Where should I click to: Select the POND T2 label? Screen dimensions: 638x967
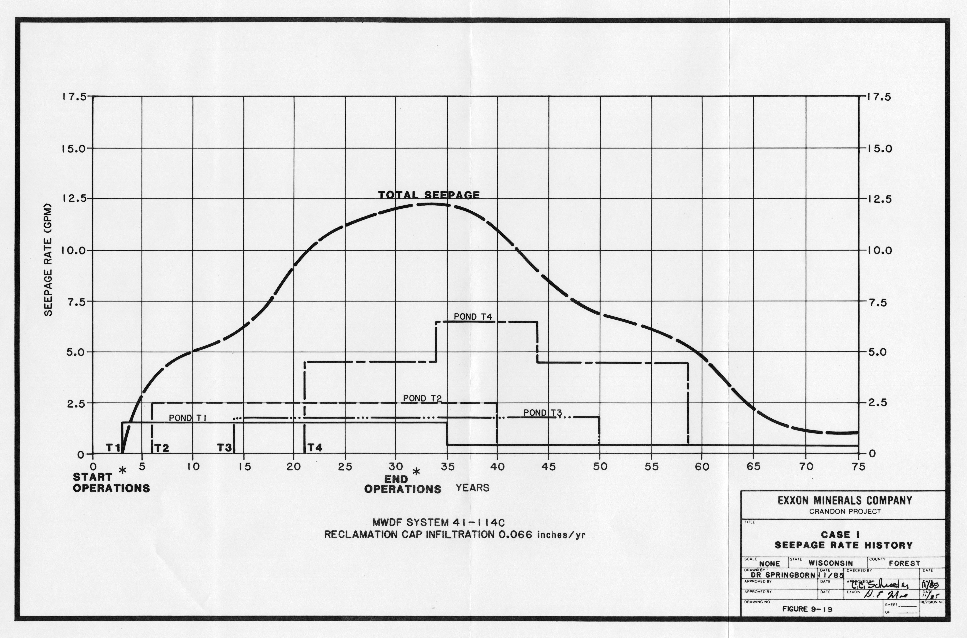click(422, 398)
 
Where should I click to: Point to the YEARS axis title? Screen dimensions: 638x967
click(472, 487)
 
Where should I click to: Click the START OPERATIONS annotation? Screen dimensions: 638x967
click(111, 483)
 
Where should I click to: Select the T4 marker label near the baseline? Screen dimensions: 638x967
click(315, 448)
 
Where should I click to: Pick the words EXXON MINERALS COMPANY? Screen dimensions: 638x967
click(845, 500)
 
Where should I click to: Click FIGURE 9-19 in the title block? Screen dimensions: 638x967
click(807, 609)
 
